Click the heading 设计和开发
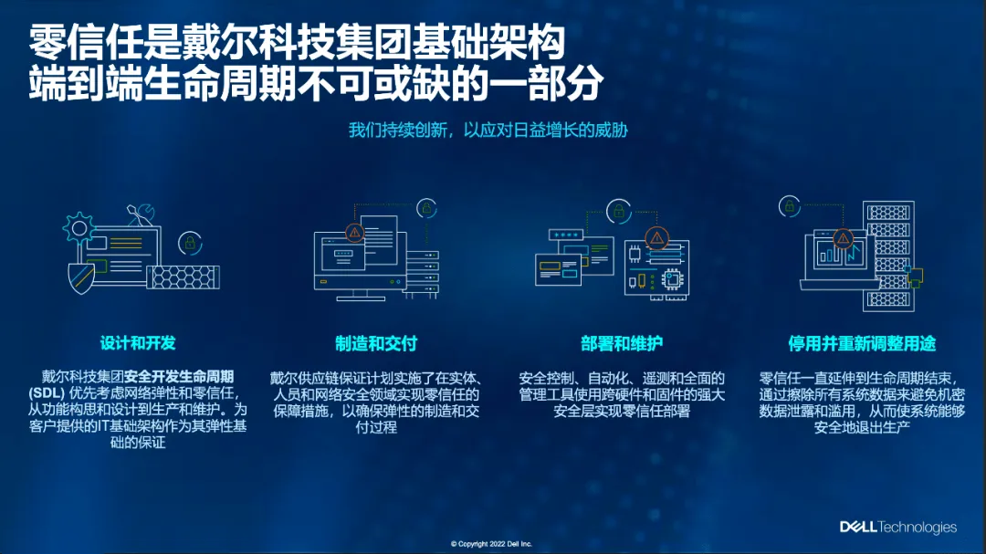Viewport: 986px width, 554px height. click(138, 343)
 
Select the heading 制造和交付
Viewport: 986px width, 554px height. click(376, 344)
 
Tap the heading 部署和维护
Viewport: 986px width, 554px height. click(622, 344)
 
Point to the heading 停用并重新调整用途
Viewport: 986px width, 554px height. click(862, 344)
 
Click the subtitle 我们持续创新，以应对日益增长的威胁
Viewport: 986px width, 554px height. click(488, 130)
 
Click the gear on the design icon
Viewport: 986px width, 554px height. click(81, 225)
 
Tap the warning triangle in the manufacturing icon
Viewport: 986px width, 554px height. click(355, 232)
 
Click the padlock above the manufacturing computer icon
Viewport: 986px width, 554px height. click(426, 208)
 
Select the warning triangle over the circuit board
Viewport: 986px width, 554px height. click(656, 239)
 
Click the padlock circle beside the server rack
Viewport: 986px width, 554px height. click(790, 206)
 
